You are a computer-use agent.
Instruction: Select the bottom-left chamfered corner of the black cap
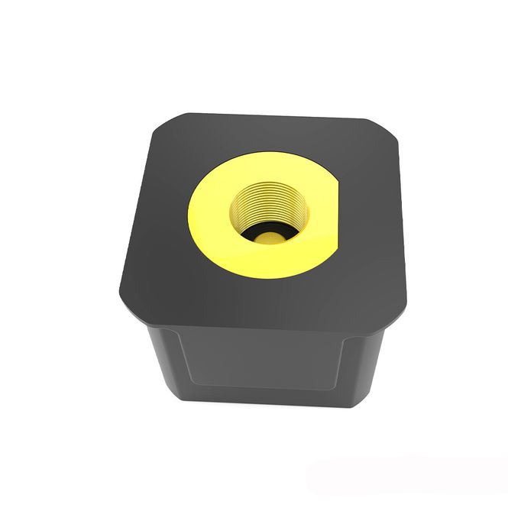click(126, 306)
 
